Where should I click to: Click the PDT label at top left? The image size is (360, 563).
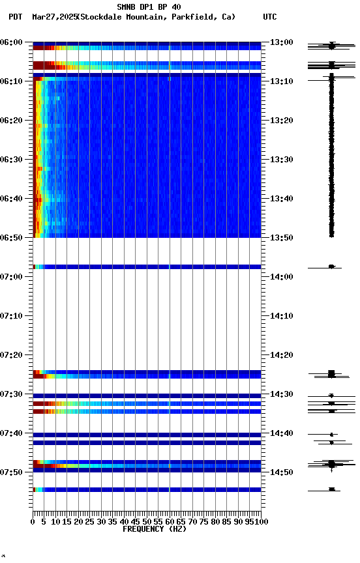[16, 17]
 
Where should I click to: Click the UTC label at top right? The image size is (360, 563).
[270, 17]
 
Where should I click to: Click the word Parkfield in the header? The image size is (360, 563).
[193, 17]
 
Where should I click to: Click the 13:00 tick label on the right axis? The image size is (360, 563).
[282, 42]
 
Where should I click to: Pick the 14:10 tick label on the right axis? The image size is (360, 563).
[282, 316]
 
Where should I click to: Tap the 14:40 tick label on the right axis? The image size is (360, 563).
[282, 433]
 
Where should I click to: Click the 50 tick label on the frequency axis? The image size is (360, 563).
[147, 522]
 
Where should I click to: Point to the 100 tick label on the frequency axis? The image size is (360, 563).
[262, 522]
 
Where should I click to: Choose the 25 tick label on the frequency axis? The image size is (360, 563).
[90, 522]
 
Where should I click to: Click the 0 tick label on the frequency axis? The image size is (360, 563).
[33, 522]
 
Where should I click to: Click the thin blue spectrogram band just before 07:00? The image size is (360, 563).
[147, 267]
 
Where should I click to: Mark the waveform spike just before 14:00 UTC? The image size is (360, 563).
[331, 267]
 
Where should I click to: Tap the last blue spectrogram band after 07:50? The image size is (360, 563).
[147, 489]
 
